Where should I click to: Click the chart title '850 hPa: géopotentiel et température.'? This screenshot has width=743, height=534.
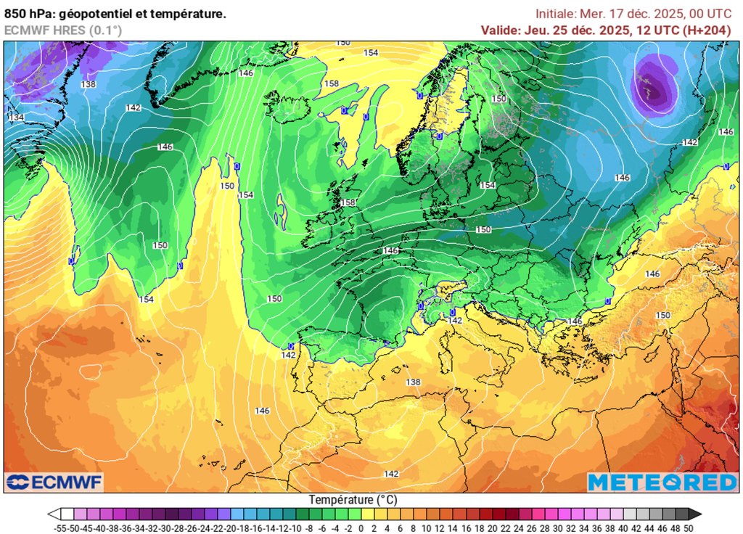pos(115,13)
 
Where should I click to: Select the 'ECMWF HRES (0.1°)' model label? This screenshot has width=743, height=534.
pos(63,30)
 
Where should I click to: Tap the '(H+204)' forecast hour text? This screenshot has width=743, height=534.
pos(707,30)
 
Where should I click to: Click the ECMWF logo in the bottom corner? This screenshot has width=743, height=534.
pos(54,482)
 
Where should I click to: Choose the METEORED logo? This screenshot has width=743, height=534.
pos(662,482)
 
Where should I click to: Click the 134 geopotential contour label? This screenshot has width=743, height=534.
pos(16,118)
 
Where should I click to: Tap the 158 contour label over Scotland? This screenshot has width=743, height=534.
pos(348,203)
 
